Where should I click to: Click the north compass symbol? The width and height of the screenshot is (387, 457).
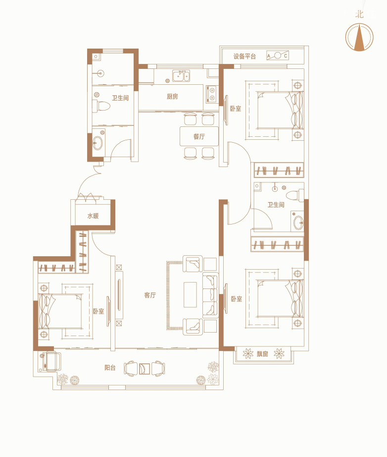pos(359,37)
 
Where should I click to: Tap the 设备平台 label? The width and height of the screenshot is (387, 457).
pos(244,56)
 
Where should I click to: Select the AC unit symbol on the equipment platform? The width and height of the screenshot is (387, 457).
pos(278,56)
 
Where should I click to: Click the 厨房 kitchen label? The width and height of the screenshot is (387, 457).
pos(172,96)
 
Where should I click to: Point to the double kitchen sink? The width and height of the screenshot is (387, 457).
pos(181,76)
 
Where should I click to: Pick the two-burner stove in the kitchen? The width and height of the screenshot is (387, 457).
pos(211,94)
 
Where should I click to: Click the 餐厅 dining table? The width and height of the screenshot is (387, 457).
pos(199,136)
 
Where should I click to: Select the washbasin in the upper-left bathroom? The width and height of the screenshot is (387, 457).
pos(97,143)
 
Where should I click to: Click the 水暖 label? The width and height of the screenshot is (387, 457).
pos(93,216)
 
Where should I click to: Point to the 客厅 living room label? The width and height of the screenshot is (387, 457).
pos(150,295)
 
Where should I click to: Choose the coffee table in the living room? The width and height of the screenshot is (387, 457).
pos(191,294)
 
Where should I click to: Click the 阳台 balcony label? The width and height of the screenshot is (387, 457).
pos(110,367)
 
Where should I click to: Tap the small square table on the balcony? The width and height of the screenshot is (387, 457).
pos(145,369)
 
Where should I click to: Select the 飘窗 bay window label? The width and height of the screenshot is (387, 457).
pos(262,354)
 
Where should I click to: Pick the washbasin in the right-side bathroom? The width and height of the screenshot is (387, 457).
pos(298,223)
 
